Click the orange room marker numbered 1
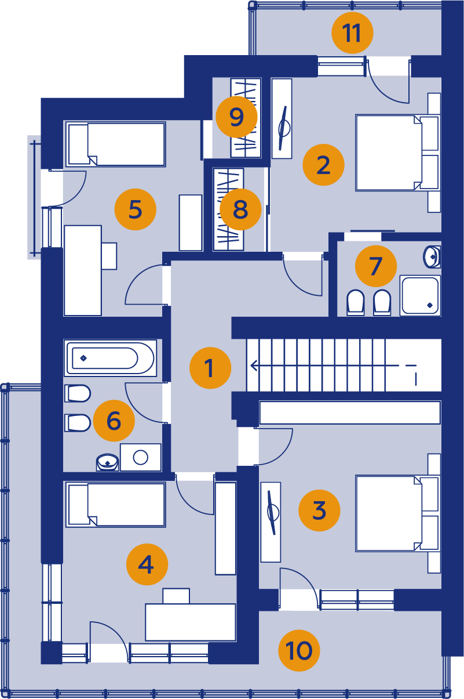pyautogui.click(x=210, y=368)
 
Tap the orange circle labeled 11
pyautogui.click(x=352, y=32)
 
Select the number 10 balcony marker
pyautogui.click(x=299, y=650)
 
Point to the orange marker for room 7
pyautogui.click(x=376, y=266)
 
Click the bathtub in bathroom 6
pyautogui.click(x=110, y=358)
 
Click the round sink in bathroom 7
pyautogui.click(x=432, y=257)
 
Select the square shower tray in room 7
pyautogui.click(x=420, y=295)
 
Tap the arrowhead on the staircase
pyautogui.click(x=254, y=365)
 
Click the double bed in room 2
pyautogui.click(x=398, y=153)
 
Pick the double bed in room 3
pyautogui.click(x=398, y=513)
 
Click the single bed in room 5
pyautogui.click(x=116, y=144)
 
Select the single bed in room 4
pyautogui.click(x=116, y=505)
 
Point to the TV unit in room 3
pyautogui.click(x=271, y=522)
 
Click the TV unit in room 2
pyautogui.click(x=282, y=118)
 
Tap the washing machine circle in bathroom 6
pyautogui.click(x=141, y=458)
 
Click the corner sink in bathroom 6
pyautogui.click(x=108, y=462)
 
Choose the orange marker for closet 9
pyautogui.click(x=236, y=117)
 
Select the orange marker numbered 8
pyautogui.click(x=240, y=209)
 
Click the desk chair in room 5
pyautogui.click(x=109, y=256)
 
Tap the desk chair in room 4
pyautogui.click(x=176, y=596)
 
